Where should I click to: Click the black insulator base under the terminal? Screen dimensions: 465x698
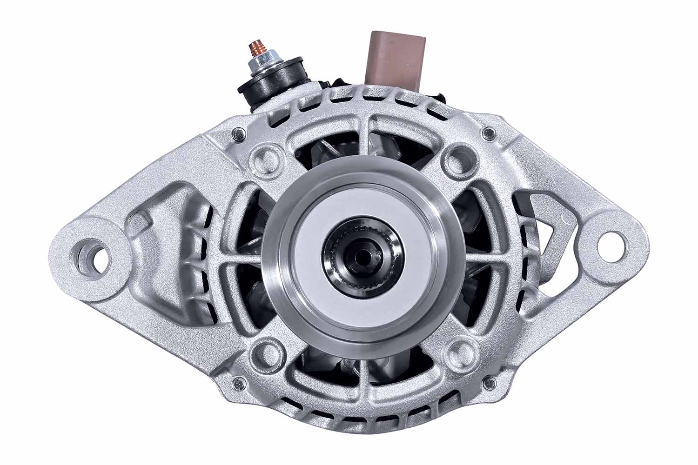tap(275, 84)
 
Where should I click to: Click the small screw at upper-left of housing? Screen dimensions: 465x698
tap(239, 132)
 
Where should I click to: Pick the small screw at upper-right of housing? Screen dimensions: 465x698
tap(487, 133)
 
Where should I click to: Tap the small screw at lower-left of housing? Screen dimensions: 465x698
tap(239, 382)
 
